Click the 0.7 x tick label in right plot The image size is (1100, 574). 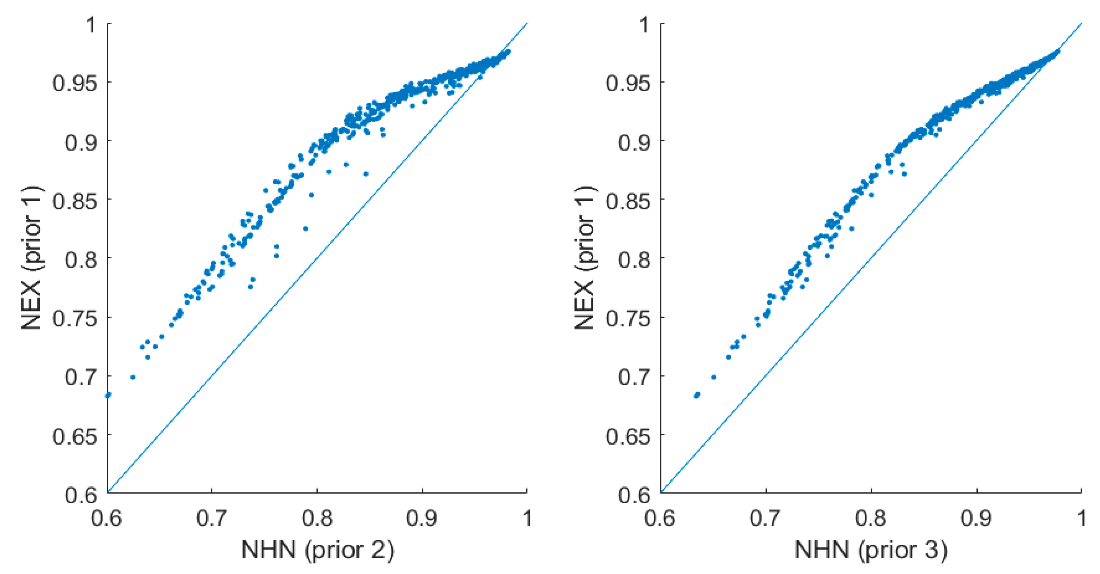766,518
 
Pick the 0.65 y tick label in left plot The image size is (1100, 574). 74,436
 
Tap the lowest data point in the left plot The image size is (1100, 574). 108,395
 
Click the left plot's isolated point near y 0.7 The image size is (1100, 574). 133,377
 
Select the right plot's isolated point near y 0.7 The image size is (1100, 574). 714,377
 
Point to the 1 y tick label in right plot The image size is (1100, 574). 645,25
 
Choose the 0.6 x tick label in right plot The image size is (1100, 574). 660,518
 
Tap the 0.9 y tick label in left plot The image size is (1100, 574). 81,142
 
